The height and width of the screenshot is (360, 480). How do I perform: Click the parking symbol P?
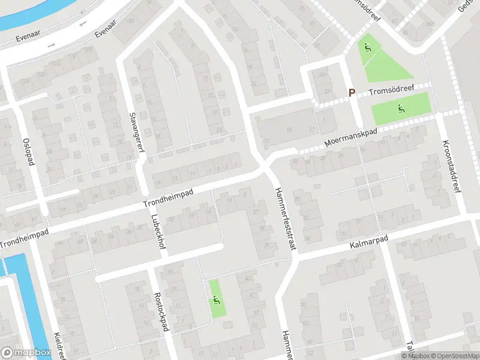click(352, 93)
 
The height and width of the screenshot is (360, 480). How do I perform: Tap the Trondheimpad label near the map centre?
click(169, 199)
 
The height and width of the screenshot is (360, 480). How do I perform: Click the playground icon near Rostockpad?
click(217, 299)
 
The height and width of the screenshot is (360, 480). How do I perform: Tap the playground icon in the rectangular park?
click(401, 109)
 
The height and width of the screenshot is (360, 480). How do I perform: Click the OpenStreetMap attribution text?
click(452, 356)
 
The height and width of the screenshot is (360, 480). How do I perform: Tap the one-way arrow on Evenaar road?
click(52, 45)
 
